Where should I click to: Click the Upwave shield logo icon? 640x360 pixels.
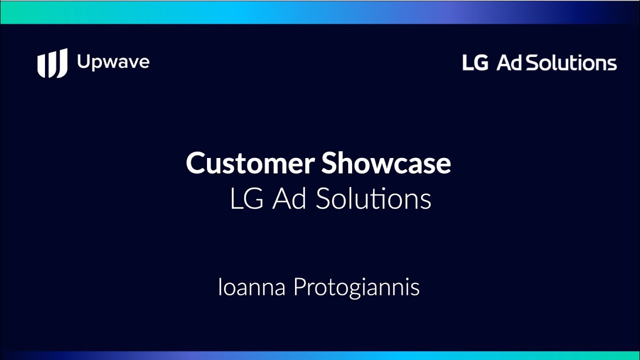[52, 63]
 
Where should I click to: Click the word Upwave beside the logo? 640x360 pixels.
[113, 62]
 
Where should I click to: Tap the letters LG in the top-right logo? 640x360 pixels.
[475, 62]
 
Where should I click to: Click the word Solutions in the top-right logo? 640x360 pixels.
[571, 62]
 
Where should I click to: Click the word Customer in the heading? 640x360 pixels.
[250, 162]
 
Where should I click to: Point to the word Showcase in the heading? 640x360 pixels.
[386, 162]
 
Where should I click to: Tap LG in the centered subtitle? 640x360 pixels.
[246, 199]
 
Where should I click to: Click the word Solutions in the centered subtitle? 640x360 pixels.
[373, 198]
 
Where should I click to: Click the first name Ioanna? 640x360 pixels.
[251, 287]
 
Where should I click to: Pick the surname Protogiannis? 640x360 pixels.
[356, 287]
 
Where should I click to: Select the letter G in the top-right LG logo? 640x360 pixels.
[481, 62]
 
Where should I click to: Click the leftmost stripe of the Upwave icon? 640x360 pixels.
[41, 65]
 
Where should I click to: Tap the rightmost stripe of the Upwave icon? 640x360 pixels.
[63, 62]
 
